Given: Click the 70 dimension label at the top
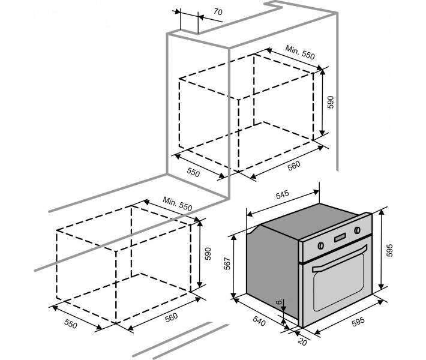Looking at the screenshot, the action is click(x=218, y=11).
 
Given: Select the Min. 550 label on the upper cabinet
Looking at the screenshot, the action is click(x=300, y=52).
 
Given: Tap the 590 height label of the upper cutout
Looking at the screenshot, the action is click(x=331, y=102).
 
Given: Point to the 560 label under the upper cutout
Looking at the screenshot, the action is click(x=294, y=166).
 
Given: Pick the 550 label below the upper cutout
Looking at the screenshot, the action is click(x=193, y=172).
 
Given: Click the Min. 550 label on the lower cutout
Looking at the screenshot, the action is click(x=178, y=203).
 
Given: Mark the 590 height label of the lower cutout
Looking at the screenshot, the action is click(x=208, y=253).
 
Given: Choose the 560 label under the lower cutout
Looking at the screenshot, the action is click(x=172, y=317).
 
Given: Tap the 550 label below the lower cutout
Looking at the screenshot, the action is click(x=71, y=323).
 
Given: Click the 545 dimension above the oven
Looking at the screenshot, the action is click(x=283, y=194).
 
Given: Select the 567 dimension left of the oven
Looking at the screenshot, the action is click(x=227, y=263).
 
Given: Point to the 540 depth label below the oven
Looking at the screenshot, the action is click(x=259, y=321).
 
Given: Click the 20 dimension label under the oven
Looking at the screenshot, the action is click(x=302, y=341).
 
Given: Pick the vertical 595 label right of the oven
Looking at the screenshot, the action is click(x=389, y=250).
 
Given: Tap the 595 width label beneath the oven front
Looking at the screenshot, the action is click(x=358, y=322).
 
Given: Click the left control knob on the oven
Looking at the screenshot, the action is click(x=320, y=245).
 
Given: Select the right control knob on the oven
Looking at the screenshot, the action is click(x=357, y=230).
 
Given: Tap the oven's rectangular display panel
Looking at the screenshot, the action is click(x=340, y=238).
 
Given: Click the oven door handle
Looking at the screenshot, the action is click(x=340, y=258).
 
